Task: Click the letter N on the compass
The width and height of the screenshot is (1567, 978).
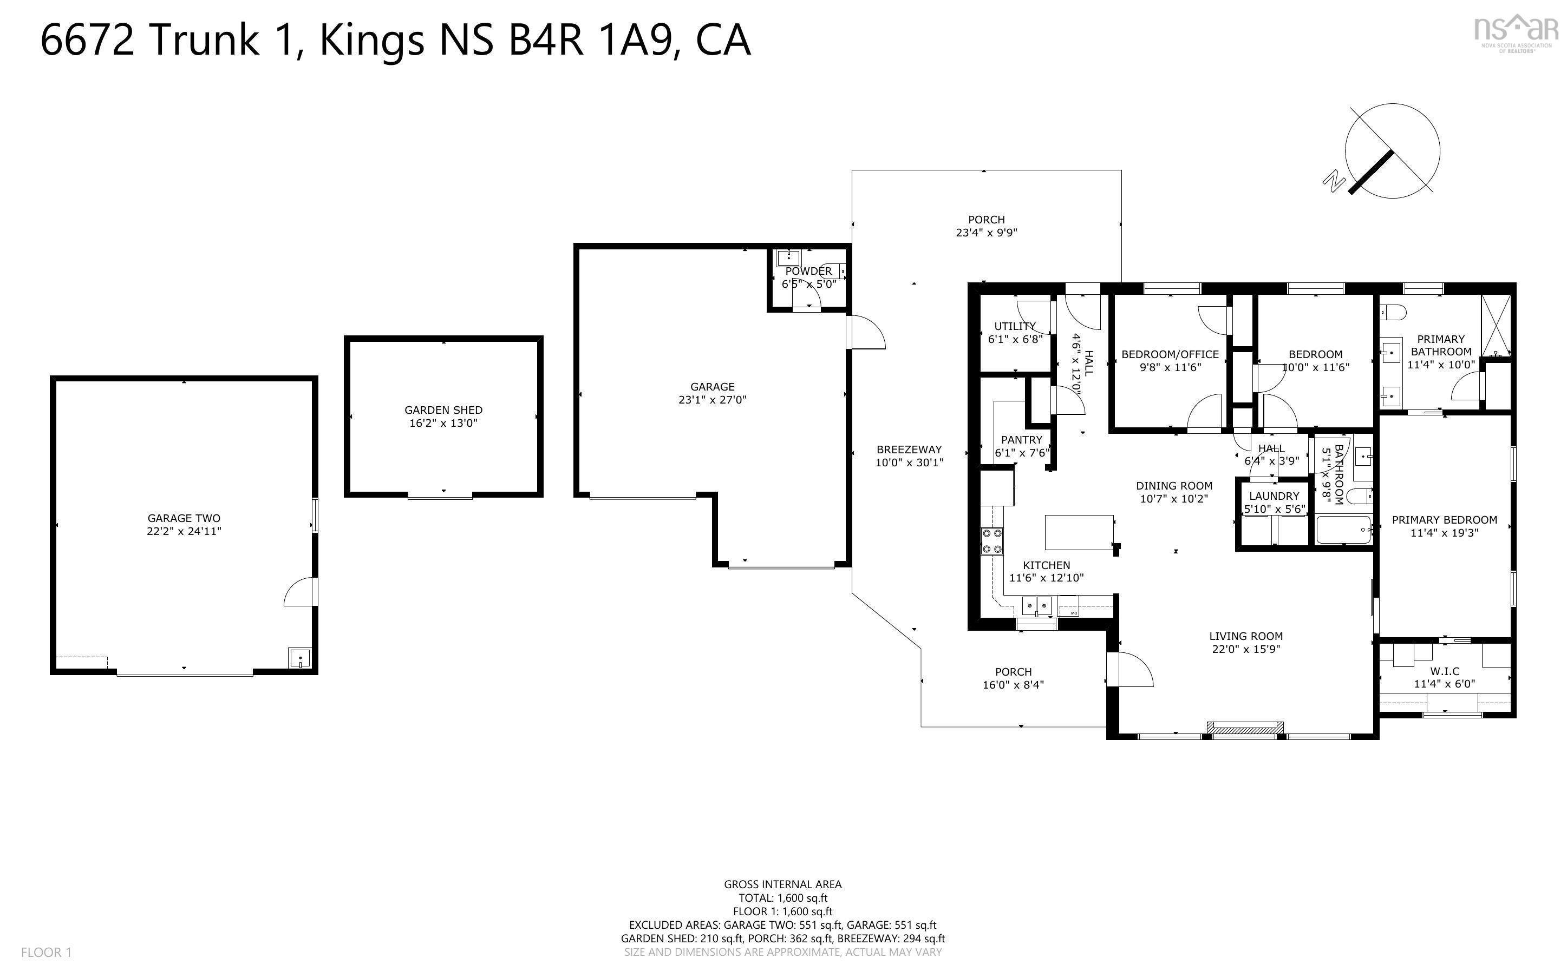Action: click(1333, 181)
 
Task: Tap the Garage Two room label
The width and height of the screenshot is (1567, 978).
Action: click(184, 518)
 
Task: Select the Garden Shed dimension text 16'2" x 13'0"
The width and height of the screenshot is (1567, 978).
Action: click(443, 424)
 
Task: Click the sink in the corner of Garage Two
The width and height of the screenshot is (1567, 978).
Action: click(299, 658)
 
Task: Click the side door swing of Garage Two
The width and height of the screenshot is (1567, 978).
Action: click(298, 592)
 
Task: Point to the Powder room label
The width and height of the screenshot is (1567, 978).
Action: click(808, 272)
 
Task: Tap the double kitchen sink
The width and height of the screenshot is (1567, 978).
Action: click(1037, 606)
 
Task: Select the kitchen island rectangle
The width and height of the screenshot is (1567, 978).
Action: click(1079, 532)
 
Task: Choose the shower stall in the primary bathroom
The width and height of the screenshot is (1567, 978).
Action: click(1496, 325)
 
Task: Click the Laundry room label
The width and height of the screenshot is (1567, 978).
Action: click(1274, 496)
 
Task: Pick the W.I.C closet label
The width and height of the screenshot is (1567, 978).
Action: click(1445, 671)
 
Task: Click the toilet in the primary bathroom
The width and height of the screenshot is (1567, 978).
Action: click(1392, 313)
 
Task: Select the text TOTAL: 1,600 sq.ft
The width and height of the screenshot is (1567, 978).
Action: click(782, 898)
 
